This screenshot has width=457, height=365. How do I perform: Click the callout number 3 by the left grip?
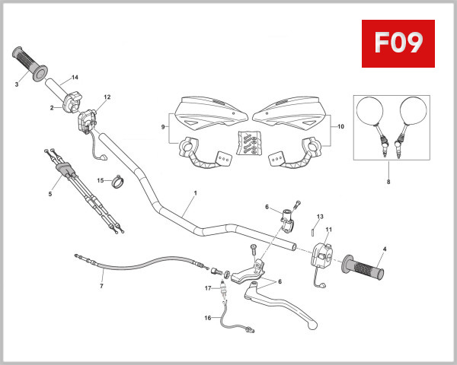pyautogui.click(x=17, y=84)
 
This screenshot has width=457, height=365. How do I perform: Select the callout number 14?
pyautogui.click(x=75, y=78)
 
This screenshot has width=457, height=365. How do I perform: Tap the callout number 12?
pyautogui.click(x=107, y=97)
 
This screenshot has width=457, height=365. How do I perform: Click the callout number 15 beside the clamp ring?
pyautogui.click(x=100, y=180)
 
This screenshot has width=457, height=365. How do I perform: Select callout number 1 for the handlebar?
pyautogui.click(x=195, y=193)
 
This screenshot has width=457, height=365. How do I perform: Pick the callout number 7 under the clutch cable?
pyautogui.click(x=101, y=287)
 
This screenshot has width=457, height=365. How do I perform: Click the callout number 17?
pyautogui.click(x=207, y=287)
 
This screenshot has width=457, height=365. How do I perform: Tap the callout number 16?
pyautogui.click(x=207, y=318)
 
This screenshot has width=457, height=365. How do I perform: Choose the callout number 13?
pyautogui.click(x=320, y=217)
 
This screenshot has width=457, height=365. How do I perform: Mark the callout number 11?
pyautogui.click(x=329, y=230)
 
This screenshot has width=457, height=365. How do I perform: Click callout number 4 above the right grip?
pyautogui.click(x=385, y=249)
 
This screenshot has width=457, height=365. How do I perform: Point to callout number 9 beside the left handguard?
pyautogui.click(x=163, y=126)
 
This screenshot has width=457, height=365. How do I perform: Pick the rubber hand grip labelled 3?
pyautogui.click(x=30, y=62)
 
